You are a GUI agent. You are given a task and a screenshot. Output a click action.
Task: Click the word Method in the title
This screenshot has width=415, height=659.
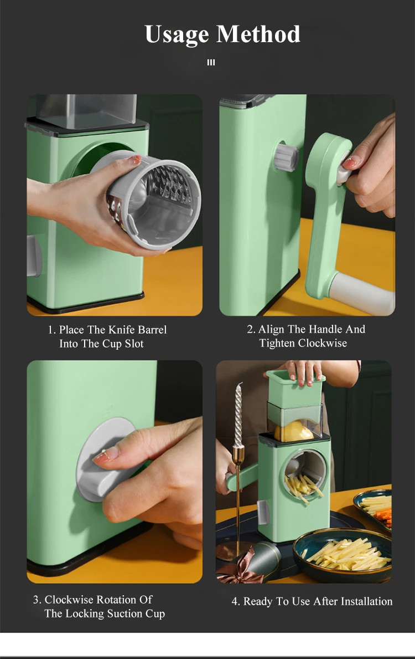pos(258,34)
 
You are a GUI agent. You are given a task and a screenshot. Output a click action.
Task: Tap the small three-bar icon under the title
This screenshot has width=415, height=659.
pos(211,63)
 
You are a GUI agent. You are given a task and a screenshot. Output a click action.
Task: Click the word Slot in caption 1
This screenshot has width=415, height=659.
pos(134,344)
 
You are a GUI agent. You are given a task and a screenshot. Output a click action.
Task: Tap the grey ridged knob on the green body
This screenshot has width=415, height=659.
pos(287,158)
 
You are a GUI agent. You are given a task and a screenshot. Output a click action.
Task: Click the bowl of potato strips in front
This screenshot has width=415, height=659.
pos(343,554)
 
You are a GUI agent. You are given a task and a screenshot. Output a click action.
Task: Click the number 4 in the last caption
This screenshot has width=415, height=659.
pos(235,602)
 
